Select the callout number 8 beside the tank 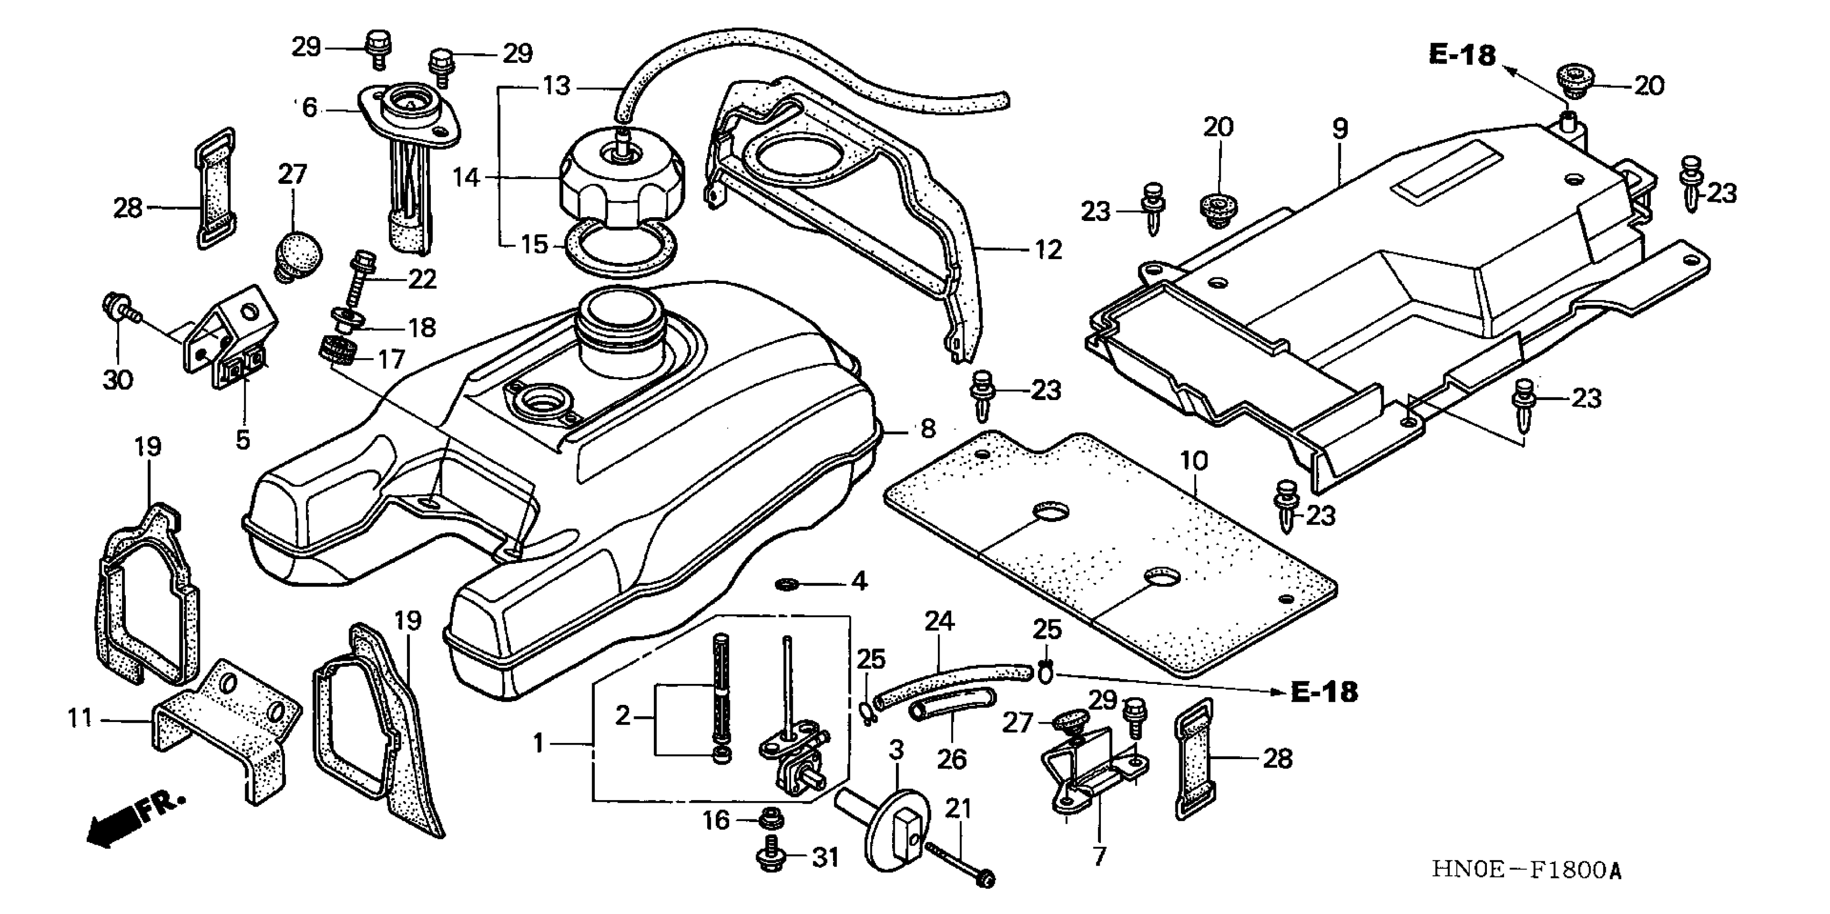pos(928,429)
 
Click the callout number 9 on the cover pos(1339,129)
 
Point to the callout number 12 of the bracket pos(1048,250)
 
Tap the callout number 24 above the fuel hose pos(939,622)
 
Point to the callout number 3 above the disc pos(896,750)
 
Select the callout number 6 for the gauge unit pos(309,108)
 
